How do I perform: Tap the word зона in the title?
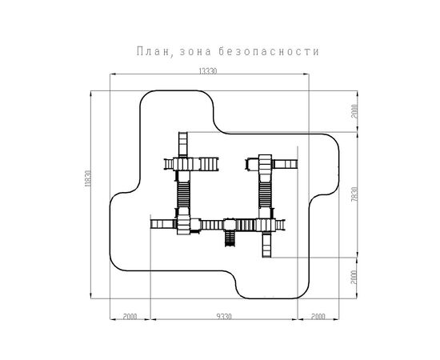tap(195, 52)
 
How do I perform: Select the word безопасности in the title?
tap(269, 52)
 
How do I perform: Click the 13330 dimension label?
tap(208, 71)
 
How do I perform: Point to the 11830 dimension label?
tap(88, 178)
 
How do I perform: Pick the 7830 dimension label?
tap(354, 194)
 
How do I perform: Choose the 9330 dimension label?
tap(224, 317)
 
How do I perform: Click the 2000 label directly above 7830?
tap(354, 111)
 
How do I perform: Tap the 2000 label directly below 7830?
tap(354, 278)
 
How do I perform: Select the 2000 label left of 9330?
tap(130, 317)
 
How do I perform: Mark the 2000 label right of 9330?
tap(318, 317)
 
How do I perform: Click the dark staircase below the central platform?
tap(230, 238)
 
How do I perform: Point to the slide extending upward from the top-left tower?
tap(183, 144)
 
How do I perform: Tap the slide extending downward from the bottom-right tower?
tap(267, 244)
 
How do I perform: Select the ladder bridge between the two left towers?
tap(183, 194)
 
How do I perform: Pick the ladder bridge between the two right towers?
tap(265, 194)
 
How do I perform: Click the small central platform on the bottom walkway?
tap(230, 225)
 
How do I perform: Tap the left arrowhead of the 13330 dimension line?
tap(112, 74)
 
